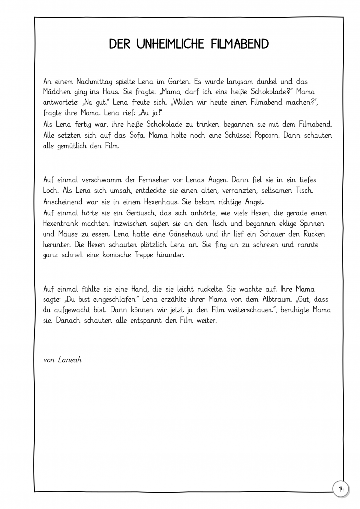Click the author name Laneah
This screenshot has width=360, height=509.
click(69, 359)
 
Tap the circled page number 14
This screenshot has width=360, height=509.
click(341, 489)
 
